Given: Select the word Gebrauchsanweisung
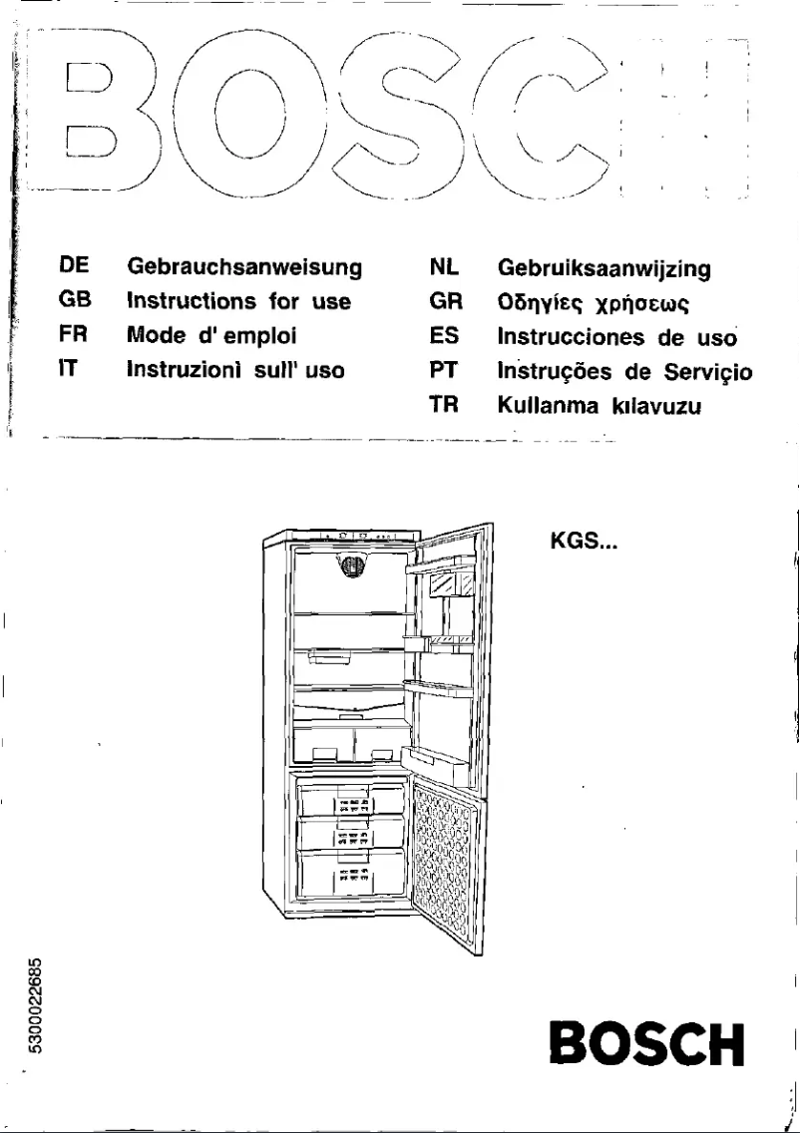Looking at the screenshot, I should click(x=243, y=267).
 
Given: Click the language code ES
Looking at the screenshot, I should click(x=443, y=336).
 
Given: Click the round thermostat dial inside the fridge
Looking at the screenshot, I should click(x=351, y=567).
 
